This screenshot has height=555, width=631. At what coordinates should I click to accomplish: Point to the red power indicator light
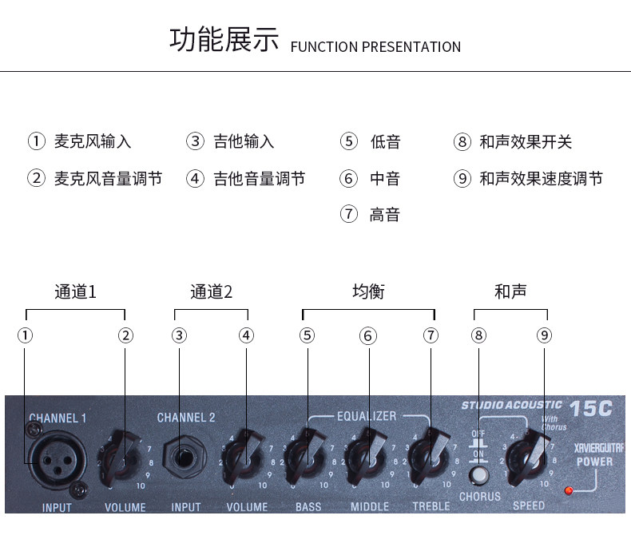pyautogui.click(x=569, y=490)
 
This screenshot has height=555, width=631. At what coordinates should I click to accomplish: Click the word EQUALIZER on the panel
pyautogui.click(x=367, y=416)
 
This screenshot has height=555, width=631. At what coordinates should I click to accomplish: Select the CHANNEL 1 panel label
pyautogui.click(x=58, y=418)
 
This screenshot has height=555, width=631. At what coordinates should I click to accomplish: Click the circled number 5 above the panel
pyautogui.click(x=308, y=335)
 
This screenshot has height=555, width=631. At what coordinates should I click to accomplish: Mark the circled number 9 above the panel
pyautogui.click(x=544, y=335)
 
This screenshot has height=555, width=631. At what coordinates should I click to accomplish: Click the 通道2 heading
pyautogui.click(x=211, y=291)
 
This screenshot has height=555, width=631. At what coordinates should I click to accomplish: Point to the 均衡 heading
pyautogui.click(x=368, y=291)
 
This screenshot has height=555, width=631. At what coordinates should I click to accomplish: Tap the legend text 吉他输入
pyautogui.click(x=244, y=142)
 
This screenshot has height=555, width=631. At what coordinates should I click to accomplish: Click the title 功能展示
pyautogui.click(x=224, y=39)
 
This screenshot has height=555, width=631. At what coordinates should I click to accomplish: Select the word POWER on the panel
pyautogui.click(x=595, y=462)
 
